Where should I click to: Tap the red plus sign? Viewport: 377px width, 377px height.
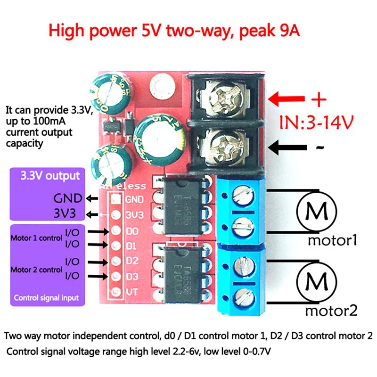click(x=319, y=99)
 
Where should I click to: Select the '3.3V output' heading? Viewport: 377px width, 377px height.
click(x=49, y=177)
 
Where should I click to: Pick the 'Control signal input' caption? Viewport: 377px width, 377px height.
click(x=46, y=298)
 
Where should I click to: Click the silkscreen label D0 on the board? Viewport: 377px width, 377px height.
click(x=131, y=231)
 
